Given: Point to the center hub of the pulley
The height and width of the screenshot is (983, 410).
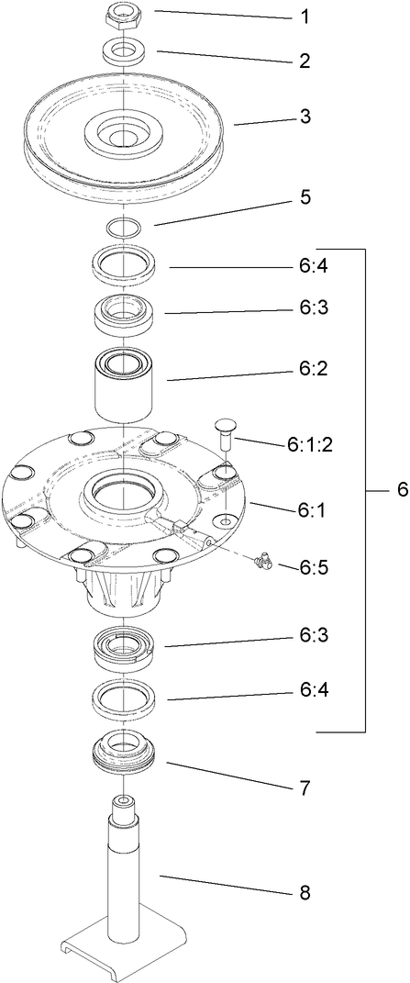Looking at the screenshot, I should tap(122, 134).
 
